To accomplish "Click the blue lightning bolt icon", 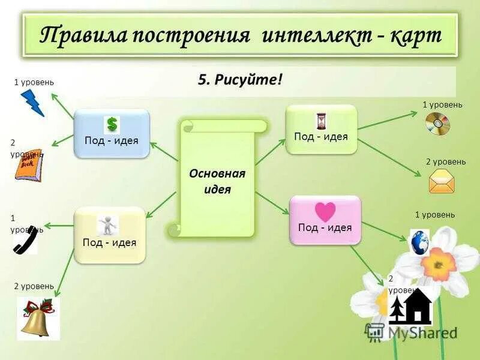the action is (x=32, y=103).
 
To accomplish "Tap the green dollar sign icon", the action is (x=112, y=125).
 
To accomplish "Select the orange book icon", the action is (x=28, y=165).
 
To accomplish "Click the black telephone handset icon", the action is (x=26, y=239).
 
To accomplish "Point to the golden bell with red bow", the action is (x=38, y=319).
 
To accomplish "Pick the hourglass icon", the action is (x=321, y=121).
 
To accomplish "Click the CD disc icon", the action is (x=437, y=124).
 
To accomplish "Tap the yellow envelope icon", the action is (x=442, y=181).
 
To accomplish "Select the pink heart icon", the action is (x=325, y=212).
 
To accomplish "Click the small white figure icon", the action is (x=108, y=226).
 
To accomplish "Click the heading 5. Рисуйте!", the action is (x=239, y=80).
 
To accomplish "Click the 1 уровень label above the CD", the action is (x=442, y=104).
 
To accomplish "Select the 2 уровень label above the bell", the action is (x=34, y=286).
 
